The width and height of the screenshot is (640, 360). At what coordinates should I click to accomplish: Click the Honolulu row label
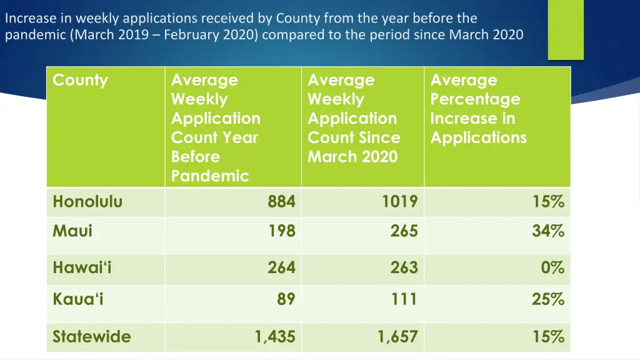(87, 202)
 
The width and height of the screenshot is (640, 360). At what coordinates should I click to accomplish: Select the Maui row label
(72, 231)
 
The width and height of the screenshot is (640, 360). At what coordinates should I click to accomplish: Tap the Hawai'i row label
(82, 268)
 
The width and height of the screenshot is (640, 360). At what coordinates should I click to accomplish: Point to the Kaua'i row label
(78, 299)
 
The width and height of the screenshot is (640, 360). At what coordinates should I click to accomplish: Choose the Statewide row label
(92, 337)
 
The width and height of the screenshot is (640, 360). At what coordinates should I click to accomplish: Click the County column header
(80, 80)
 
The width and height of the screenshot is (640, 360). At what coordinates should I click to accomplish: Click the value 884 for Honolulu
(281, 202)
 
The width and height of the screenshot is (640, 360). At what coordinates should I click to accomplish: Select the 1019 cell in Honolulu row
(400, 202)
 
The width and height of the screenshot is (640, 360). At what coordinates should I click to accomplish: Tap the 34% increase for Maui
(548, 231)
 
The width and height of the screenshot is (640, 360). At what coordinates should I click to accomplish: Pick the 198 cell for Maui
(281, 231)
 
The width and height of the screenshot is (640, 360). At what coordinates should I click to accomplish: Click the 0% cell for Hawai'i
(552, 268)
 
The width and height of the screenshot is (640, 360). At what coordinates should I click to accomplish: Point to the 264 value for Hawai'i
(281, 268)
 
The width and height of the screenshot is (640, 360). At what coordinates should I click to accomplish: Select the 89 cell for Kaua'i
(286, 299)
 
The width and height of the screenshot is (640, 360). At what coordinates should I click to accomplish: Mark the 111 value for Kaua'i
(404, 299)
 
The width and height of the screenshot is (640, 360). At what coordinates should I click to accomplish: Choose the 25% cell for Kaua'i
(548, 299)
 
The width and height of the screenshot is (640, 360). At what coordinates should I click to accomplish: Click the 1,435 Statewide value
(275, 337)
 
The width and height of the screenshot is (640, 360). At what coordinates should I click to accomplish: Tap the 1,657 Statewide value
(397, 337)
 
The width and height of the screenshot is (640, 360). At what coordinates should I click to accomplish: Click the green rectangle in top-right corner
(566, 29)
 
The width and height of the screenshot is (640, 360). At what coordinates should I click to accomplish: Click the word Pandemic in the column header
(210, 176)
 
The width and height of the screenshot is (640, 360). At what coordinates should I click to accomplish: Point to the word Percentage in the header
(475, 99)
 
